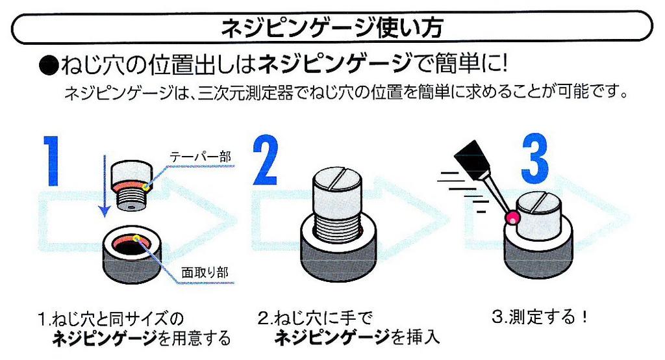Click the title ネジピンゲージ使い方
(332, 28)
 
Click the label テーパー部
(199, 157)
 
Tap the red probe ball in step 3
(513, 219)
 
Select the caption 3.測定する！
(540, 318)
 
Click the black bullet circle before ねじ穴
(47, 66)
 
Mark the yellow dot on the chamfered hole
(136, 240)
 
